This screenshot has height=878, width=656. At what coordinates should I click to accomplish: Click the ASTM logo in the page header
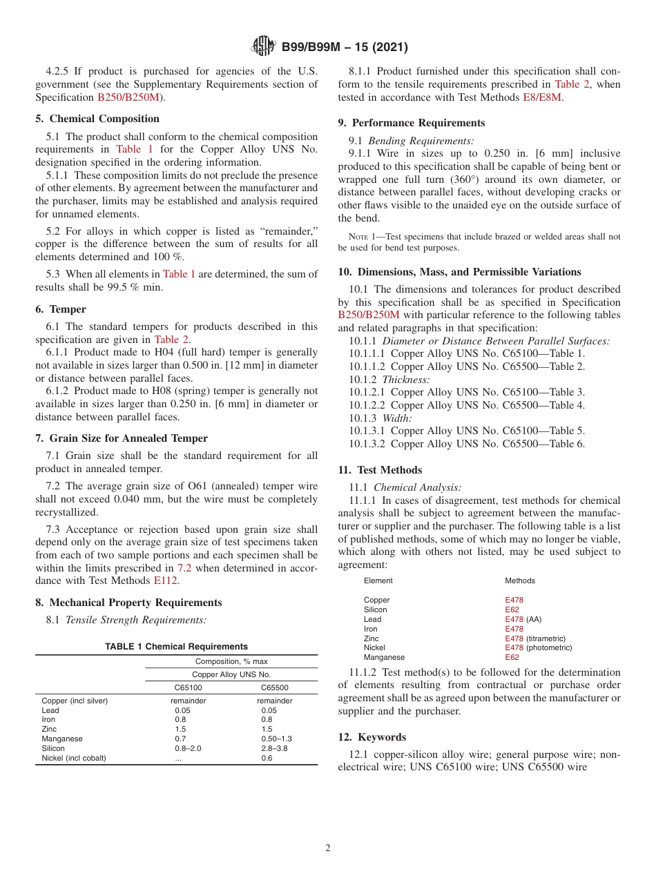263,47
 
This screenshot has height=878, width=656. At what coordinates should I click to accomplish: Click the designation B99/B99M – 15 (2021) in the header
345,48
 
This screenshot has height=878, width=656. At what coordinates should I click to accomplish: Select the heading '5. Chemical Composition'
97,119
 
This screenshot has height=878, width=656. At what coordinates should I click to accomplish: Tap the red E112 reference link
165,581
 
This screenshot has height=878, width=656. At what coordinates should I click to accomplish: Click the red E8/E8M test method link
543,97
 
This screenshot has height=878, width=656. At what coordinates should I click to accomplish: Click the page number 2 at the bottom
328,848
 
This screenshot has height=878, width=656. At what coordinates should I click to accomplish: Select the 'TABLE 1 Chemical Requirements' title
176,647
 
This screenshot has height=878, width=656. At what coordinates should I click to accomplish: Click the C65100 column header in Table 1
189,687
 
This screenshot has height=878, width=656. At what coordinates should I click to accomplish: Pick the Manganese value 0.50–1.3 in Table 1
276,739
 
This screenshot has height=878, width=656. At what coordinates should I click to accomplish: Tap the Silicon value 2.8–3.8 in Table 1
274,748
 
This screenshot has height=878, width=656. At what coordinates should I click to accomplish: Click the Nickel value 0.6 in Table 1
267,758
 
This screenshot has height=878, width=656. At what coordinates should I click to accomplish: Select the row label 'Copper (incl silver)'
75,701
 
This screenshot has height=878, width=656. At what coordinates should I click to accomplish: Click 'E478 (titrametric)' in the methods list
534,638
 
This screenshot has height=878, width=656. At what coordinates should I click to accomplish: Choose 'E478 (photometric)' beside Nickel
538,647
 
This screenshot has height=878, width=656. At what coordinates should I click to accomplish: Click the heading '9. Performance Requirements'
412,123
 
